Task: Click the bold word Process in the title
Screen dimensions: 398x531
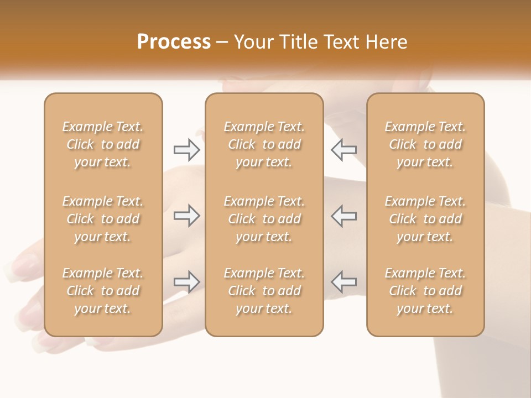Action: (x=174, y=42)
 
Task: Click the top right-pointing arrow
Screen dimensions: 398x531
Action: (x=186, y=150)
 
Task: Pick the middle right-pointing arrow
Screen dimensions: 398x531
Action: (x=186, y=216)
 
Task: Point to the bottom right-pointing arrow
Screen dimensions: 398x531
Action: (x=186, y=282)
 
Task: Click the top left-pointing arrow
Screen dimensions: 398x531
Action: (x=344, y=150)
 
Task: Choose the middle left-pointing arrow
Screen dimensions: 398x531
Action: (x=344, y=216)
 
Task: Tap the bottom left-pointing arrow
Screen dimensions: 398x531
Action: (x=344, y=282)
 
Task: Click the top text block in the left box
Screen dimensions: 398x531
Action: (x=103, y=144)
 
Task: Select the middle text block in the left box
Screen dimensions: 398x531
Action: (x=103, y=219)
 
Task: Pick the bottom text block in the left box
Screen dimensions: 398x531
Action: (x=103, y=291)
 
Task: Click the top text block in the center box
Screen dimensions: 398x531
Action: (x=264, y=144)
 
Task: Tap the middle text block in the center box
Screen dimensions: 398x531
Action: (x=264, y=219)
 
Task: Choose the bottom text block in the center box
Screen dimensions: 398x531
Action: (x=264, y=291)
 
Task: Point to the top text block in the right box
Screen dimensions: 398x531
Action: (x=425, y=144)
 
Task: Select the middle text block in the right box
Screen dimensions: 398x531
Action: (x=425, y=219)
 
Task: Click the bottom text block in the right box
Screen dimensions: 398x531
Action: (x=425, y=291)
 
